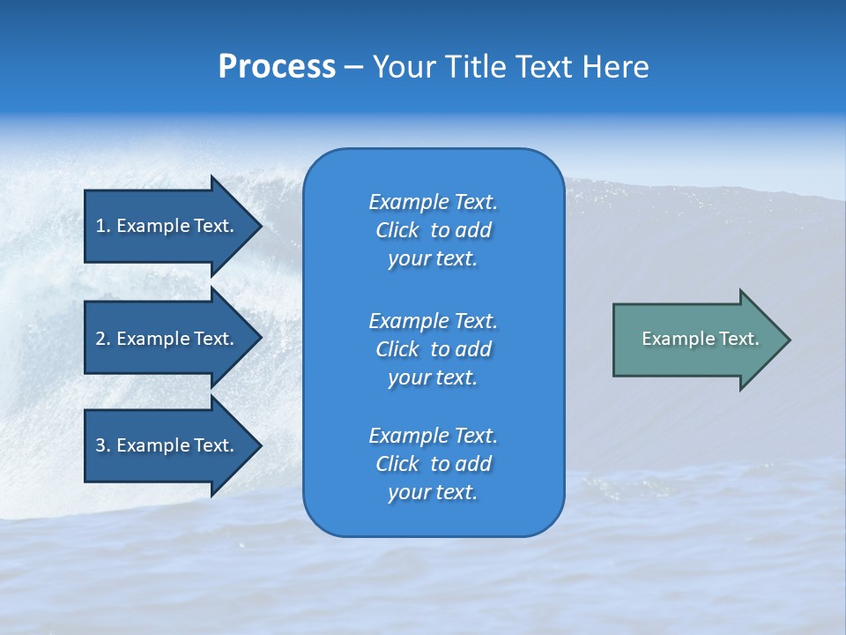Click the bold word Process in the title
click(277, 67)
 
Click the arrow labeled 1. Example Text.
click(165, 226)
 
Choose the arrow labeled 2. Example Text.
click(165, 339)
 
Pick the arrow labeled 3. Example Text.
click(165, 445)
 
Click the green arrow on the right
click(696, 339)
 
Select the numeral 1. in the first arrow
click(102, 226)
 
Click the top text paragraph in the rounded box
click(433, 230)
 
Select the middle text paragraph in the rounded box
click(433, 349)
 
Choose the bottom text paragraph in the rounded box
click(433, 464)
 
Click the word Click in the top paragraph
click(397, 230)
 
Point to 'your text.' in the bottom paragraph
click(433, 492)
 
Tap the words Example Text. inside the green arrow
click(701, 339)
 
